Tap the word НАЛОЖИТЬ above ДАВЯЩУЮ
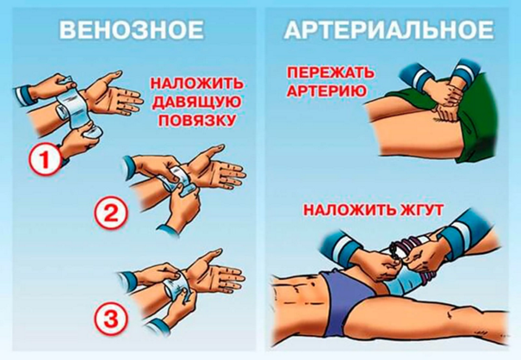pyautogui.click(x=196, y=84)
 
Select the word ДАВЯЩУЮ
pyautogui.click(x=197, y=102)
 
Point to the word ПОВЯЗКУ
pyautogui.click(x=196, y=121)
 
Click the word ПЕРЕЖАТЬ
pyautogui.click(x=331, y=73)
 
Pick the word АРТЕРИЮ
pyautogui.click(x=326, y=90)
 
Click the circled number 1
pyautogui.click(x=44, y=160)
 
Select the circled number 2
pyautogui.click(x=111, y=213)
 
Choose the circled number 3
pyautogui.click(x=110, y=320)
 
